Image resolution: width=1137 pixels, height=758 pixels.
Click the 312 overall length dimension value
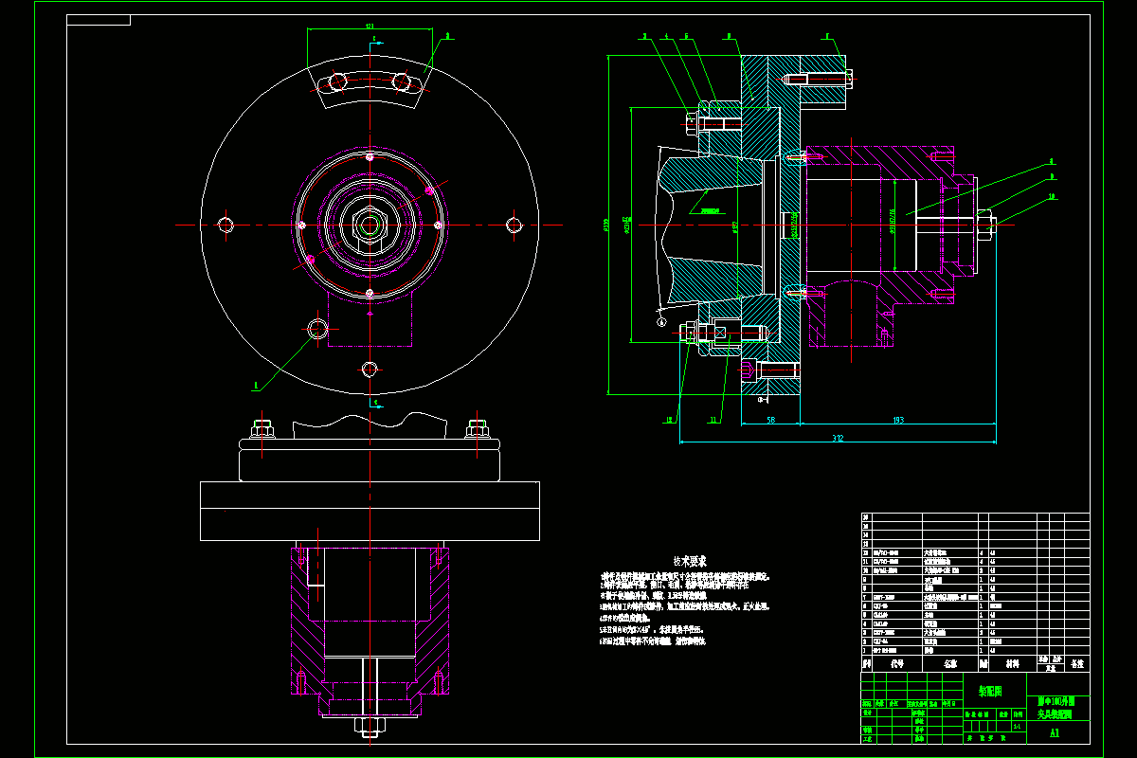click(838, 438)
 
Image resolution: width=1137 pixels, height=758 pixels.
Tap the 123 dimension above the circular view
click(370, 27)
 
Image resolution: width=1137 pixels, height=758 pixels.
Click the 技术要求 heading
click(690, 561)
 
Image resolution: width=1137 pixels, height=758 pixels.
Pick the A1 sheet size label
click(1055, 732)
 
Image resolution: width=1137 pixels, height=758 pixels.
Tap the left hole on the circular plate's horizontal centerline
click(225, 225)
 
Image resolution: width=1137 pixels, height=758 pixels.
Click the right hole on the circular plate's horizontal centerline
click(514, 225)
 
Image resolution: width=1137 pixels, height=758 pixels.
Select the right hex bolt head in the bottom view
click(478, 427)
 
